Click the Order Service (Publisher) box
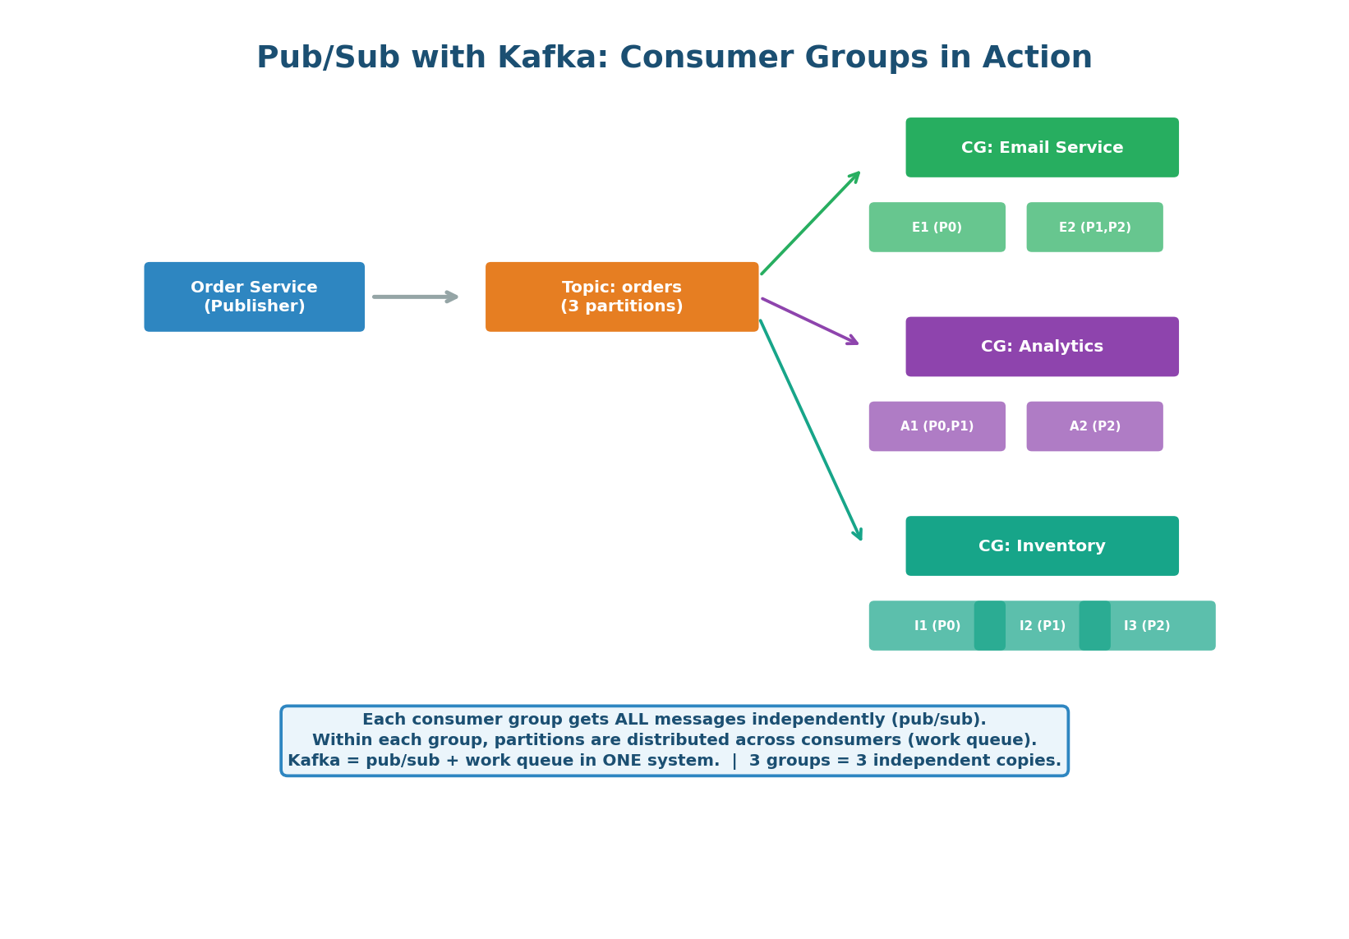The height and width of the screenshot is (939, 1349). pyautogui.click(x=254, y=297)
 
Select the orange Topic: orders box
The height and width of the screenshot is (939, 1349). pyautogui.click(x=622, y=297)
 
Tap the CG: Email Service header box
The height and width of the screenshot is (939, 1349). pyautogui.click(x=1042, y=148)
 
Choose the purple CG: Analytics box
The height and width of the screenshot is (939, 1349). pyautogui.click(x=1042, y=347)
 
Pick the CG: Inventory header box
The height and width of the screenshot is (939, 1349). pyautogui.click(x=1042, y=546)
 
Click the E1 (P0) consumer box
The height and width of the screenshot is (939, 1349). pyautogui.click(x=937, y=228)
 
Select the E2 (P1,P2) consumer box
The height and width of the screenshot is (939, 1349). pyautogui.click(x=1094, y=228)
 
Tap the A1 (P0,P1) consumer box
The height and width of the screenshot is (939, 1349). pyautogui.click(x=937, y=426)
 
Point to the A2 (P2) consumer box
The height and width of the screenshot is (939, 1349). pyautogui.click(x=1094, y=426)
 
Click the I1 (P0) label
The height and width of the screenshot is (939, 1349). pyautogui.click(x=937, y=626)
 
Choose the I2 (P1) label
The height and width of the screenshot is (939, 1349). pyautogui.click(x=1042, y=626)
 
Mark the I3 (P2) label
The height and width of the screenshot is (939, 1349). pyautogui.click(x=1147, y=626)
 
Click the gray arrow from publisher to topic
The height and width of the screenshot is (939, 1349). pyautogui.click(x=414, y=297)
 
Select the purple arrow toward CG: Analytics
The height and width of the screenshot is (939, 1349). pyautogui.click(x=809, y=321)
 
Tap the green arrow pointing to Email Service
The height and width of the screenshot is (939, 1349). pyautogui.click(x=810, y=223)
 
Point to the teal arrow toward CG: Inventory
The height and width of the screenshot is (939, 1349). pyautogui.click(x=810, y=429)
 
